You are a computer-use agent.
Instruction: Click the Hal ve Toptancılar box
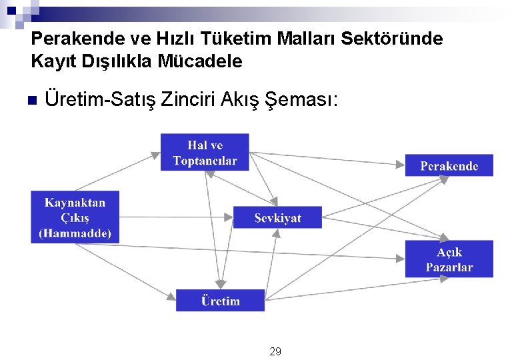205,152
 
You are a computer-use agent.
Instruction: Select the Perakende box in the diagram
449,165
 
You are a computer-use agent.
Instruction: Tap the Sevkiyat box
277,218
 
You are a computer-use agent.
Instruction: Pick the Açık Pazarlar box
449,259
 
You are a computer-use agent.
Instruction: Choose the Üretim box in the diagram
220,301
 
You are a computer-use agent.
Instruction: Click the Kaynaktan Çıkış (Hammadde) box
75,217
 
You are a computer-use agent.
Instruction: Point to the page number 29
275,351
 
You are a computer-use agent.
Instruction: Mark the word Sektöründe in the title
392,39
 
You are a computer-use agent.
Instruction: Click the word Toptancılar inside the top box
205,161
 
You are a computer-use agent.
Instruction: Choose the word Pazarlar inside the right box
449,267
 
